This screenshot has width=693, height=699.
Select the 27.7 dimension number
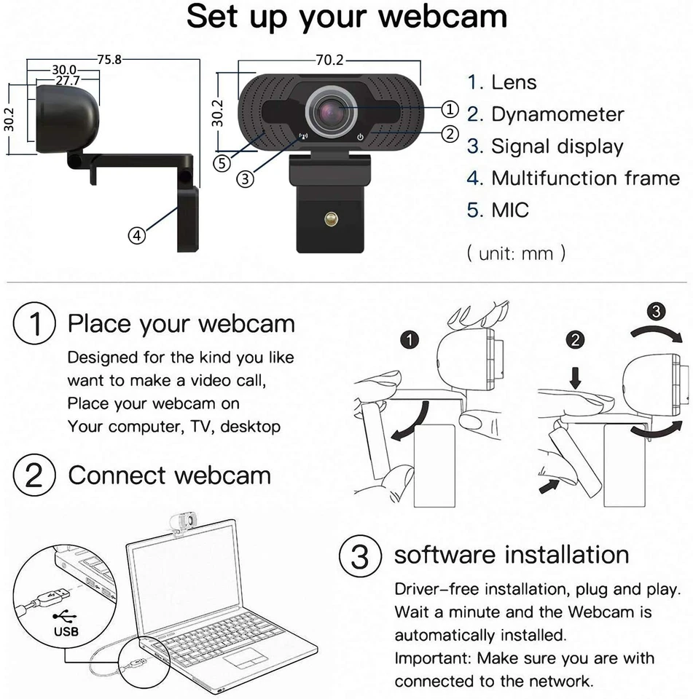66,81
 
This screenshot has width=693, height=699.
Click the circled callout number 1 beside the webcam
450,109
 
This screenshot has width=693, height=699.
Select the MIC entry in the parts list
510,210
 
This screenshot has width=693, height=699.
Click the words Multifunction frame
585,178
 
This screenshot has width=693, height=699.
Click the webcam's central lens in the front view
333,111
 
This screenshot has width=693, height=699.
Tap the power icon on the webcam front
360,136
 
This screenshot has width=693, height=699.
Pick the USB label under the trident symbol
66,631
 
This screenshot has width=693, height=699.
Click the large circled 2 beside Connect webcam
35,476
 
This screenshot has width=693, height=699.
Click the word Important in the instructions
432,659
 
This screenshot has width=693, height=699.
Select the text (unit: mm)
515,254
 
